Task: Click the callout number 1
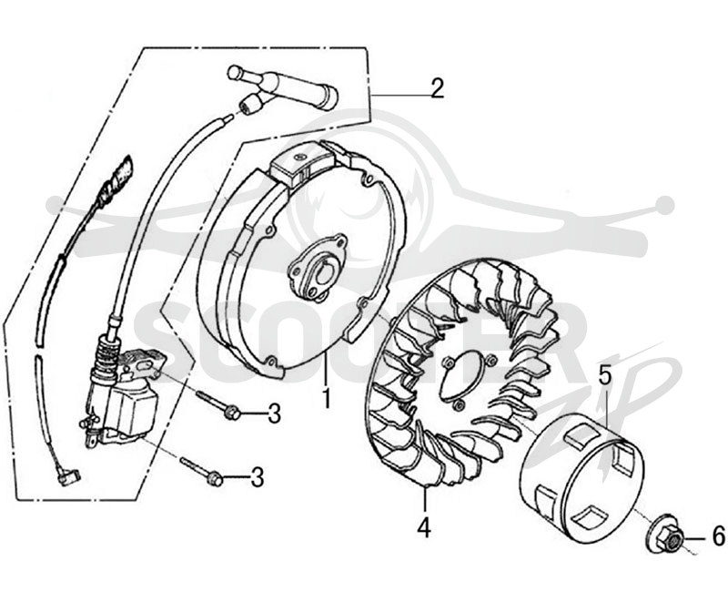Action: coord(327,398)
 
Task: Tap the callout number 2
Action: coord(437,88)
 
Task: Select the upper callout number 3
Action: coord(275,413)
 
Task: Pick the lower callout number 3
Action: coord(258,477)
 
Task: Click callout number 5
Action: coord(604,375)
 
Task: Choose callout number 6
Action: coord(718,537)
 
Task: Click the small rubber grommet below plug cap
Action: coord(249,103)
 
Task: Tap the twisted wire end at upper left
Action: coord(116,178)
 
